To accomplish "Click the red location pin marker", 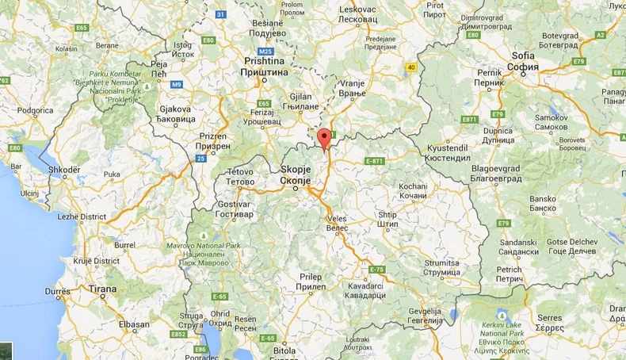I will (323, 139).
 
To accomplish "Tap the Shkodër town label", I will (63, 170).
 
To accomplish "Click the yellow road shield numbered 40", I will (411, 67).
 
